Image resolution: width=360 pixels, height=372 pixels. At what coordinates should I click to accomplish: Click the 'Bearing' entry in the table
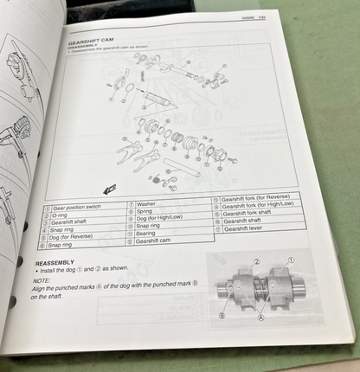[x=148, y=232]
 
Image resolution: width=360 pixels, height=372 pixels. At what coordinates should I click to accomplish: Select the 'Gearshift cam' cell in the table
[x=156, y=241]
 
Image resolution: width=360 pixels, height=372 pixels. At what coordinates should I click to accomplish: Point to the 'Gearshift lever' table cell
[x=247, y=228]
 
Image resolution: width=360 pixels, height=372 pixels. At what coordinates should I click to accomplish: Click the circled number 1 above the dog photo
[x=290, y=259]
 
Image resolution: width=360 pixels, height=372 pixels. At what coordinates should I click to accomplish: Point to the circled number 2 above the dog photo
[x=256, y=260]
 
